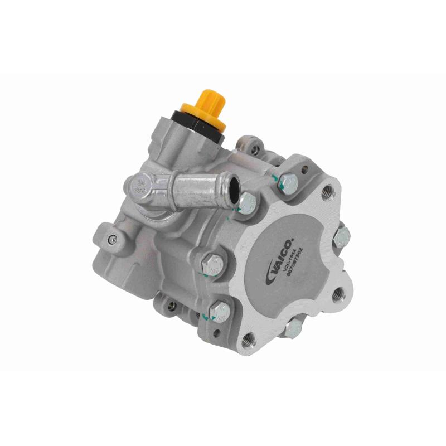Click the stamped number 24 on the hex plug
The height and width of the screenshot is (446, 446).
click(139, 181)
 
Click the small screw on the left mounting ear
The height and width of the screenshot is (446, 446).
click(113, 240)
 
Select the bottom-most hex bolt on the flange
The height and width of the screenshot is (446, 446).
click(291, 328)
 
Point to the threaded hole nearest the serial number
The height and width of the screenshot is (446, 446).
click(338, 294)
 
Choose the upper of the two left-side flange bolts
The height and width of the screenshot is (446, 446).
click(212, 263)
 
